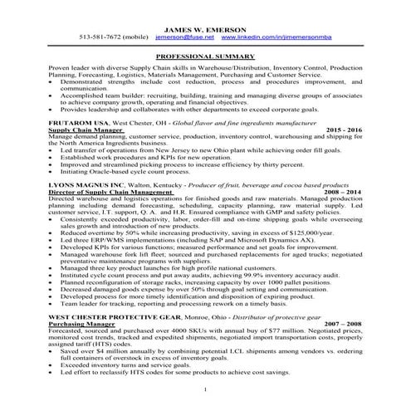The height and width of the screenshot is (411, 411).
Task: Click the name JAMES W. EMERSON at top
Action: pos(204,26)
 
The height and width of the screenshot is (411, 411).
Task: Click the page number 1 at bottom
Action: pos(204,389)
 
